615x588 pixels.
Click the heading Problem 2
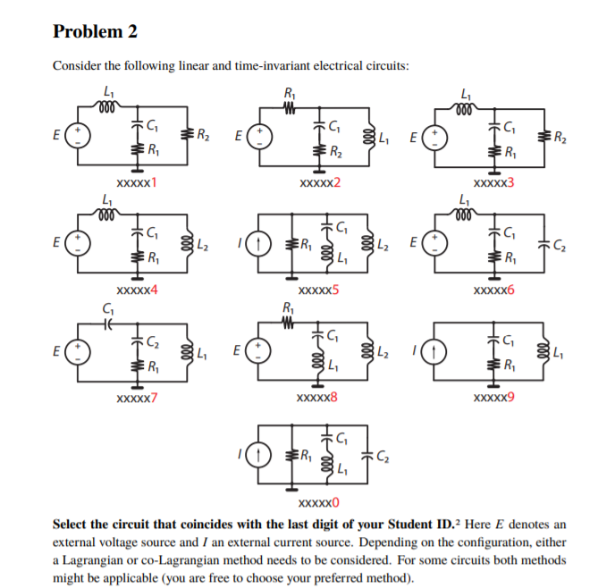click(x=96, y=32)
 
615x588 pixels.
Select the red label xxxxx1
click(x=136, y=183)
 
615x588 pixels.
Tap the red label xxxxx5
click(x=317, y=290)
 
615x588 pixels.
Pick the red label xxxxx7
click(x=136, y=397)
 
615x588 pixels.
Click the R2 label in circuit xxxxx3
click(x=559, y=137)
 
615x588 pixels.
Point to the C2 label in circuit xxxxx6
click(x=560, y=244)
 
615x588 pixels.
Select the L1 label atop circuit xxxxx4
click(x=108, y=202)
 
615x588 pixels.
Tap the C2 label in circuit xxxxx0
click(x=382, y=458)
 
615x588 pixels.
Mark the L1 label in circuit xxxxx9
click(x=558, y=350)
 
